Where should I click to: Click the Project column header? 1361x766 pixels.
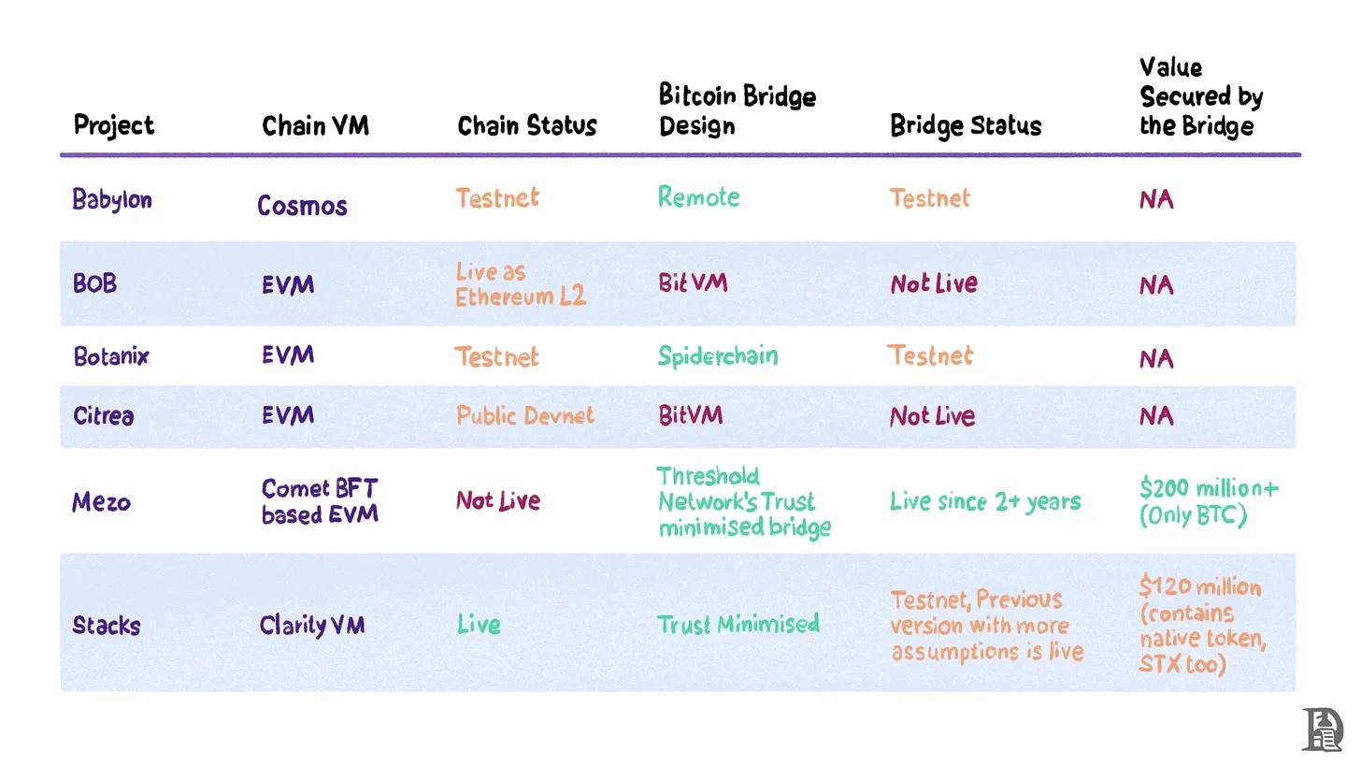pos(113,125)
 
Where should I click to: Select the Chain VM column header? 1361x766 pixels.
pos(315,125)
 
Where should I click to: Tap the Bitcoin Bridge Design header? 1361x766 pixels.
pos(737,110)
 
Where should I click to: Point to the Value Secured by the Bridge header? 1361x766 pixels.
pos(1201,96)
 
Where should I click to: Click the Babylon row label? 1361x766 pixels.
pos(112,199)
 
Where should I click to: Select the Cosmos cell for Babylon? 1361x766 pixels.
pos(302,205)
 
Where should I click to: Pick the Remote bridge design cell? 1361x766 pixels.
pos(698,197)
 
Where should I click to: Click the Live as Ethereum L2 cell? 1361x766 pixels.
pos(520,284)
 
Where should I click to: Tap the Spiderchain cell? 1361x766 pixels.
pos(717,356)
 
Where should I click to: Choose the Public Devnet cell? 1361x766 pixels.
pos(524,415)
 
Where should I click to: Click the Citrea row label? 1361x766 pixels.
pos(103,415)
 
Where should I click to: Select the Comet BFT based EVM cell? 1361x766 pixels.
pos(320,501)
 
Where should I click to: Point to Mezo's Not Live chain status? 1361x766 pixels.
pos(497,501)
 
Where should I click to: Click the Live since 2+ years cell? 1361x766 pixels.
pos(984,501)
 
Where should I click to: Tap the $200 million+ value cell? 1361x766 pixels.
pos(1209,501)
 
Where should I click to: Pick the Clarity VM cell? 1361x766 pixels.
pos(311,624)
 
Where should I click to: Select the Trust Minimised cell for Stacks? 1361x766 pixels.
pos(738,624)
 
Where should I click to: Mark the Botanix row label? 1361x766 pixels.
pos(110,356)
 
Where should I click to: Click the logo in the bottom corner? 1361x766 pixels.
pos(1322,730)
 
